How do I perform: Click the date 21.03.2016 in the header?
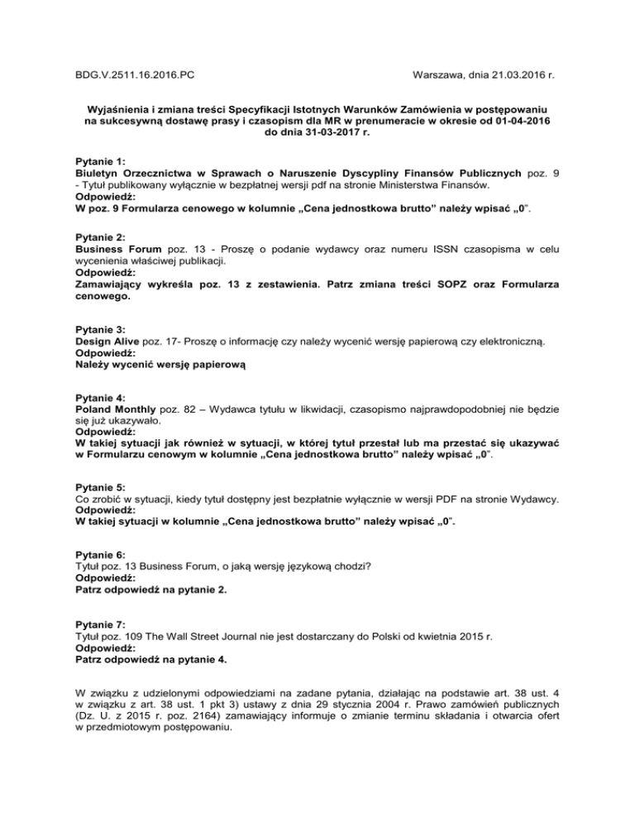click(x=508, y=74)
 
